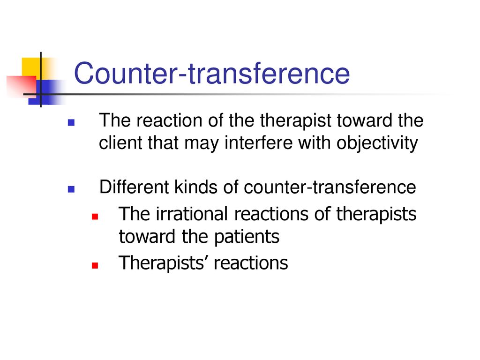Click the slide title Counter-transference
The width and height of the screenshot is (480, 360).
[212, 73]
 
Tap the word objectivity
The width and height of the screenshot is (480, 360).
[377, 143]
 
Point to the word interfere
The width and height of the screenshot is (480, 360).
[259, 142]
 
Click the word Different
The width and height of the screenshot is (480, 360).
[134, 187]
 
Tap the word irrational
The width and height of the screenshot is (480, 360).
[192, 214]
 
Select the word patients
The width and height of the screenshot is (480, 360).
[247, 237]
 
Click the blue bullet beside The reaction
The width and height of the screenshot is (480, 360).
[71, 122]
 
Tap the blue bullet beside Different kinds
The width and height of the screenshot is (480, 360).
[71, 189]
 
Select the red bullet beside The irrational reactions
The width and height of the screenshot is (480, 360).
[95, 217]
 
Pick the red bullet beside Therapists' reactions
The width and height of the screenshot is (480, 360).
[95, 265]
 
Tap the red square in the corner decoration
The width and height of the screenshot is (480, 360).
[22, 85]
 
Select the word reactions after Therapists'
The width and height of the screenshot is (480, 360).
[251, 263]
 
